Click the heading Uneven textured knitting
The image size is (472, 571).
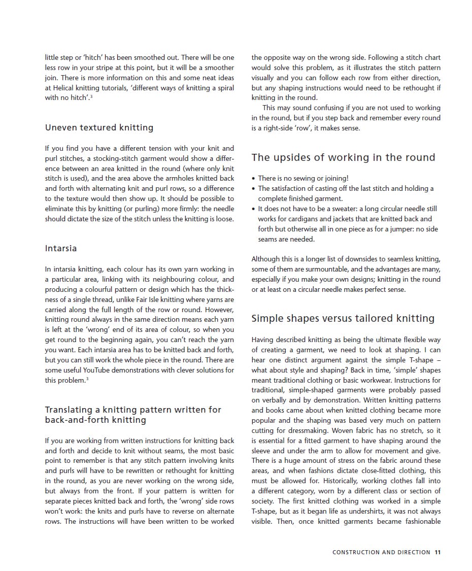click(x=99, y=127)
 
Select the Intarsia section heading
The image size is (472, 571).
click(x=61, y=248)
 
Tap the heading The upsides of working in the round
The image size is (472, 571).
click(x=343, y=157)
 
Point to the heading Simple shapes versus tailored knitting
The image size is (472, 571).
click(x=343, y=318)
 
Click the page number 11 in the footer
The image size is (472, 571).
click(x=437, y=552)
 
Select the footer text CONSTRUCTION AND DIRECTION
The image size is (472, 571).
click(x=381, y=552)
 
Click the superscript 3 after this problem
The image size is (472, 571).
click(x=87, y=379)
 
